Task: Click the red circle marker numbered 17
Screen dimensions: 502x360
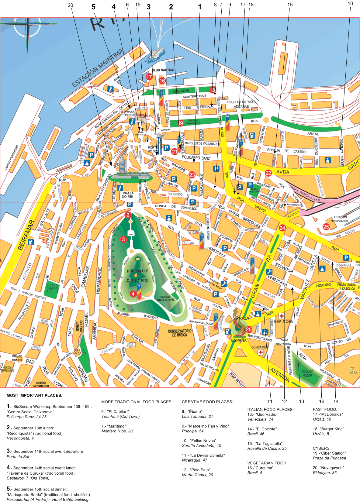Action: tap(149, 77)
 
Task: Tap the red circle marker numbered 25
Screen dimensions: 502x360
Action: tap(326, 227)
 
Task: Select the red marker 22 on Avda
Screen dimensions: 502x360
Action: tap(268, 173)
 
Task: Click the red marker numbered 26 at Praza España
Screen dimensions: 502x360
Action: tap(249, 329)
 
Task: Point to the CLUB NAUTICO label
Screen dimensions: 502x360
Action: tap(163, 70)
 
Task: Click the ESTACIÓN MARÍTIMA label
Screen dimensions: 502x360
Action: tap(98, 68)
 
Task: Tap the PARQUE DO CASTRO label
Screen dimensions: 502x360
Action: tap(137, 276)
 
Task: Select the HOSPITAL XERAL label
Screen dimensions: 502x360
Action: tap(284, 321)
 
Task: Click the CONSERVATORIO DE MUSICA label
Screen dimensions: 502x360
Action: tap(180, 333)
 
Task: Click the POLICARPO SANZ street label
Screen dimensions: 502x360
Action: tap(196, 158)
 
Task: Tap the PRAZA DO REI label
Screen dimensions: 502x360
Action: tap(128, 195)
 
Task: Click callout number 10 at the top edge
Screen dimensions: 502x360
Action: tap(350, 4)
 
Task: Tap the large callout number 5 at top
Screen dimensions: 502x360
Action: tap(93, 7)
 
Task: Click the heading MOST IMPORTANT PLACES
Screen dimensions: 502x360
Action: tap(34, 395)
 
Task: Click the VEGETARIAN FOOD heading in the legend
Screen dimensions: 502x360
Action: tap(267, 463)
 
